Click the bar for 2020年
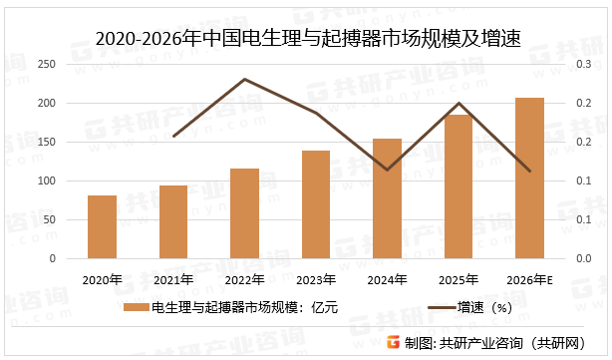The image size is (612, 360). [x=102, y=226]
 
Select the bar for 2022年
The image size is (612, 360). [x=244, y=213]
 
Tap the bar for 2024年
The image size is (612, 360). [x=387, y=198]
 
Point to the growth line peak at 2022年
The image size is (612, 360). [x=244, y=79]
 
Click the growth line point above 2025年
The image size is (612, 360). [x=459, y=103]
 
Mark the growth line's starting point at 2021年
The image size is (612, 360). [x=173, y=136]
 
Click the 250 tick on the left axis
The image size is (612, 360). [x=46, y=64]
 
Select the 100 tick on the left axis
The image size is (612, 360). [x=46, y=180]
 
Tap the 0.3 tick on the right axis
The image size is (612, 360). [x=582, y=64]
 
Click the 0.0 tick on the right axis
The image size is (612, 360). [x=582, y=258]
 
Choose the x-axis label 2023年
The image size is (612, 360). [x=316, y=278]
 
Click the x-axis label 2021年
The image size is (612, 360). [x=173, y=278]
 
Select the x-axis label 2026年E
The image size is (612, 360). [x=529, y=278]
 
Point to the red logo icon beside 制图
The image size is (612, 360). [x=394, y=342]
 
